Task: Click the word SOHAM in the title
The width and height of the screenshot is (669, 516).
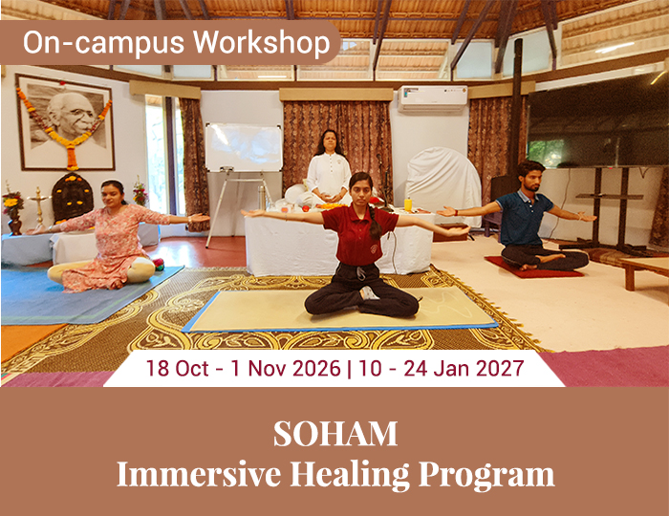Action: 334,434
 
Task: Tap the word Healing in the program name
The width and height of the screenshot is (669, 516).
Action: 351,474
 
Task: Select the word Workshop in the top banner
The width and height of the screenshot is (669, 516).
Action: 262,43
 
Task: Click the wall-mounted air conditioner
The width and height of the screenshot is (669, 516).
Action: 432,99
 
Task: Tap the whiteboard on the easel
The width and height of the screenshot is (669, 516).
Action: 244,147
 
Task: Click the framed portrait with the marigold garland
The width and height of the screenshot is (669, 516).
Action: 65,122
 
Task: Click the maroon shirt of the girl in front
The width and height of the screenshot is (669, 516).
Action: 358,234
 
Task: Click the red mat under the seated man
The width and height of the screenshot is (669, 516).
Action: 533,268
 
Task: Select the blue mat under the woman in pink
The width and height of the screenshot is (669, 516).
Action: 85,294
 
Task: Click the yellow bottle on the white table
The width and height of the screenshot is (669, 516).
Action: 408,204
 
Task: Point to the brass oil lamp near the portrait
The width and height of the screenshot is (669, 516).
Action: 38,205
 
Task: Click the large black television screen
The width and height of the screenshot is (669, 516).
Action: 597,121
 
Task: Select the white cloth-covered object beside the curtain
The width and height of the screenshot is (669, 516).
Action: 443,183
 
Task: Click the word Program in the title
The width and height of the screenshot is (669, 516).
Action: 486,475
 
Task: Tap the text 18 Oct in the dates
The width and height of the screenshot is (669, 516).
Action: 178,368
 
